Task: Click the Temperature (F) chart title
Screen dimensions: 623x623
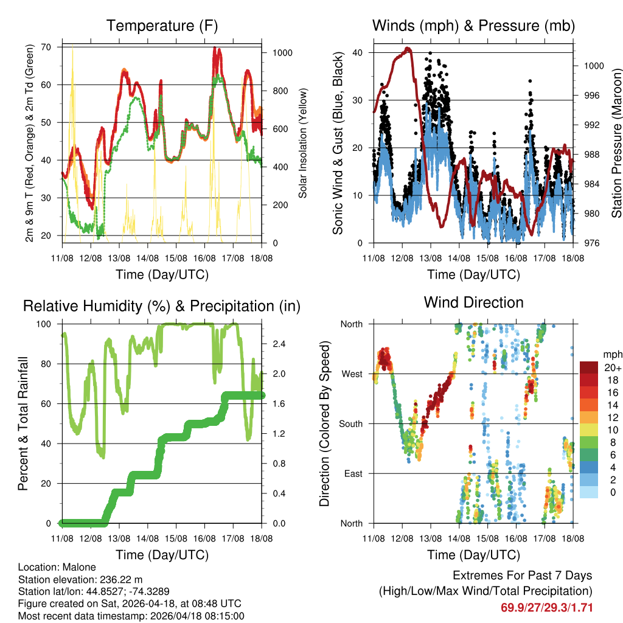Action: point(162,26)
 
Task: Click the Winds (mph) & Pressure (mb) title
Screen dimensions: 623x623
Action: point(473,26)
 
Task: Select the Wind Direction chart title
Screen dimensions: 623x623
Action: point(473,302)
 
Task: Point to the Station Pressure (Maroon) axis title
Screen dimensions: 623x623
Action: point(616,143)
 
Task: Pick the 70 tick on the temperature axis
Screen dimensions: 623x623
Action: point(52,47)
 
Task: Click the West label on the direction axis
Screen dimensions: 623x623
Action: point(352,374)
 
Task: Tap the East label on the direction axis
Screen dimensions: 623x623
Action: point(353,473)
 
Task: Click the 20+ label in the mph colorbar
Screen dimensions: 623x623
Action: point(611,367)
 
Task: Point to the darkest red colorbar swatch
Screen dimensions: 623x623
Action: point(589,367)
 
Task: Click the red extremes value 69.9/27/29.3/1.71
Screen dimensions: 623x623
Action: point(546,607)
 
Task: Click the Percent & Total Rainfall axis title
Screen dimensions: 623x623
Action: point(24,423)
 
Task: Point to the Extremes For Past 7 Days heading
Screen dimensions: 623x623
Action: point(522,576)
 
